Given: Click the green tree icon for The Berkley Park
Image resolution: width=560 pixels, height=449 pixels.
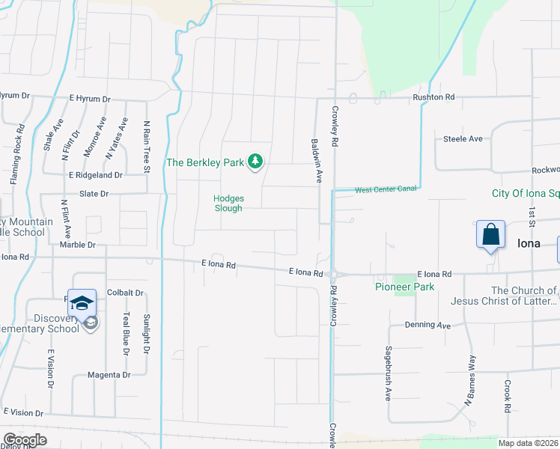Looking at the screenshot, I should [256, 161].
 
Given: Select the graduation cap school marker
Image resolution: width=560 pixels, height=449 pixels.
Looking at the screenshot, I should [82, 302].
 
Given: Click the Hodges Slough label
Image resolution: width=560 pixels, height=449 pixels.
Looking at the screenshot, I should [228, 204].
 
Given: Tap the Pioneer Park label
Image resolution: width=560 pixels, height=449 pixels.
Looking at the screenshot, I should [404, 287].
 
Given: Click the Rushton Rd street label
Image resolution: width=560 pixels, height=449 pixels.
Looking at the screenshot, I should [433, 97].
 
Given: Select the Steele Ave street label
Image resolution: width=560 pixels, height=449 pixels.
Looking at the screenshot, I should [463, 138].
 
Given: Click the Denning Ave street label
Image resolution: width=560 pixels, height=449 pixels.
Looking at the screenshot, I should [427, 325].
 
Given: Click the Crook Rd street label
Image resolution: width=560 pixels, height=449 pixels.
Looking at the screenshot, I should [508, 396].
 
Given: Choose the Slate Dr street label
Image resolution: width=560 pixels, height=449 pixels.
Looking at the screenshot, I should [94, 193].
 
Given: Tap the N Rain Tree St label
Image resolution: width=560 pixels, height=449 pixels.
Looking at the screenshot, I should [147, 147].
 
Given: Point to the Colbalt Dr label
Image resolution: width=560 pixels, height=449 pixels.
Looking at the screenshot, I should [125, 293].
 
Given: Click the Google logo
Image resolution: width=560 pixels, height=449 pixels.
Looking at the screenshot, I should [25, 440].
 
